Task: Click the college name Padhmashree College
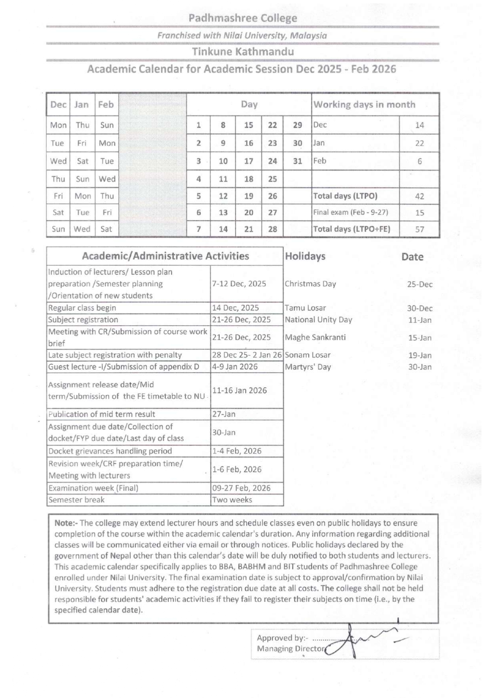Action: click(x=243, y=18)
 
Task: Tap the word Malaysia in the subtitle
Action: click(x=308, y=35)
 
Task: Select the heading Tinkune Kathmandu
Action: click(x=243, y=52)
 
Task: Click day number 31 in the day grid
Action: click(x=297, y=161)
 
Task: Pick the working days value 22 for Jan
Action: click(x=419, y=143)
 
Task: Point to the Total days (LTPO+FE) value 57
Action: click(x=419, y=229)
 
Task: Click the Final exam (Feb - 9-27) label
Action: click(x=350, y=212)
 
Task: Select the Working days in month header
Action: click(x=364, y=105)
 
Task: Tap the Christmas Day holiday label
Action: click(x=310, y=284)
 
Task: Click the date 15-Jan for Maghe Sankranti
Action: click(x=419, y=338)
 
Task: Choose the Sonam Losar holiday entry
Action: click(x=307, y=355)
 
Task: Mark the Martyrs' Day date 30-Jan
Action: click(x=419, y=367)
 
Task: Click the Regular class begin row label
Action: click(x=82, y=308)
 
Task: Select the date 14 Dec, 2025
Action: click(x=235, y=308)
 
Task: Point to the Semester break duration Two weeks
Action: click(x=232, y=500)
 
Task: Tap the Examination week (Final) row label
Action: click(x=93, y=488)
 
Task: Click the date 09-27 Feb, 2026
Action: click(x=241, y=488)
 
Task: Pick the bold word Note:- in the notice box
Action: click(x=66, y=523)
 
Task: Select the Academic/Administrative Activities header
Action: click(x=165, y=256)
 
